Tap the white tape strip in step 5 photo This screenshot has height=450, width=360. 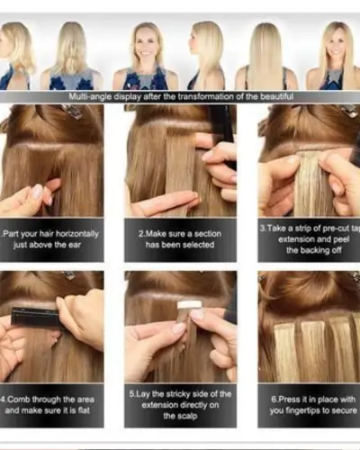click(x=189, y=305)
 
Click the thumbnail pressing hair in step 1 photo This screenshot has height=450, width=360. click(x=37, y=192)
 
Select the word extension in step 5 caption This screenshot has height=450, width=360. click(x=159, y=406)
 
